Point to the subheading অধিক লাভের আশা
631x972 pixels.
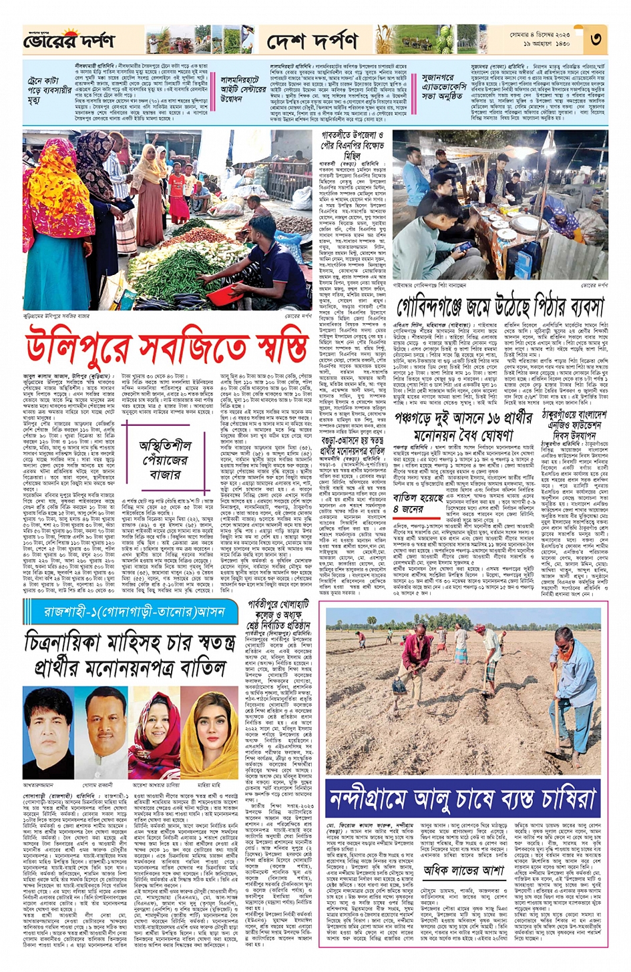click(463, 870)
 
